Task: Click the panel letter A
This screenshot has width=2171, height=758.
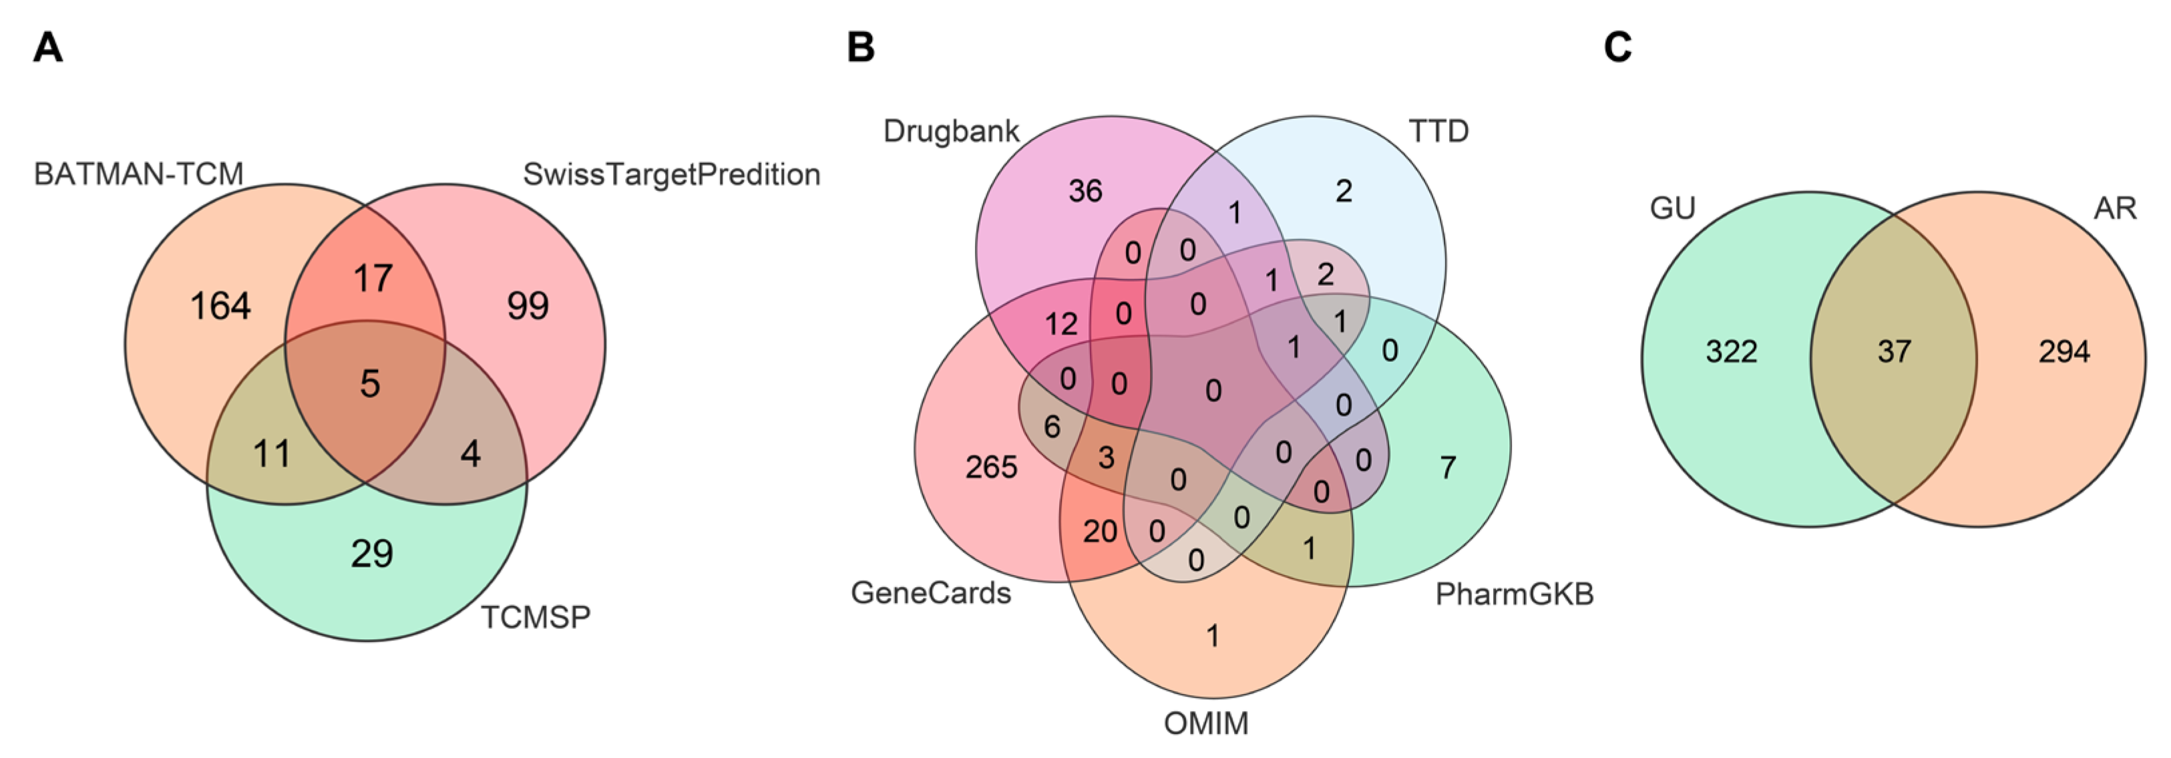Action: [x=48, y=47]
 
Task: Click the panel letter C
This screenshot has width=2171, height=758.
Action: [x=1617, y=47]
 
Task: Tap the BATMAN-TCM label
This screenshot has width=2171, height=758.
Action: [x=138, y=174]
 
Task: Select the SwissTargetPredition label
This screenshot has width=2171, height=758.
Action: [x=671, y=174]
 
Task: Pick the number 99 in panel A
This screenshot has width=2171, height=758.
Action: [x=528, y=305]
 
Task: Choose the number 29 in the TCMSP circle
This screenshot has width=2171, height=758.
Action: [x=372, y=554]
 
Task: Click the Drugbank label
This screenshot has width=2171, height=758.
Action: [x=951, y=132]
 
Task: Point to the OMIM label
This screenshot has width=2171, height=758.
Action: [x=1206, y=723]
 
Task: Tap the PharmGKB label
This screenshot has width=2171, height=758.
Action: [x=1515, y=594]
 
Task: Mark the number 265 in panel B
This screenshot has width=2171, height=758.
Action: [x=991, y=467]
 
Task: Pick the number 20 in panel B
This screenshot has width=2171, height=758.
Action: [x=1100, y=531]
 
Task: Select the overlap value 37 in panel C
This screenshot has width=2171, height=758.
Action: [x=1894, y=351]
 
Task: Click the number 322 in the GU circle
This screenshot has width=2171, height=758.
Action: [x=1731, y=351]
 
